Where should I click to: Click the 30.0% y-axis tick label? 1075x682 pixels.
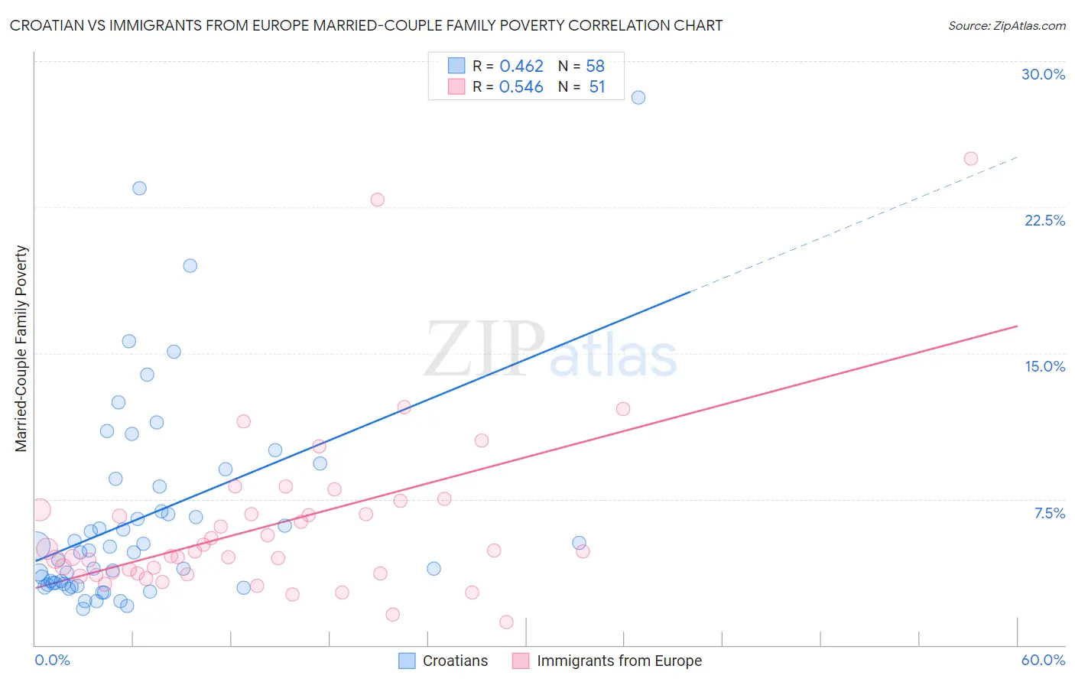point(1043,74)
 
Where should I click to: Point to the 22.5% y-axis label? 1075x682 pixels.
point(1044,220)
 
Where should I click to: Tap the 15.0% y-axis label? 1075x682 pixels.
point(1044,366)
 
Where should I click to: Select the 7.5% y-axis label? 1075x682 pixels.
point(1049,513)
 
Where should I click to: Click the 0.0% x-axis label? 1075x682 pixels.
point(52,660)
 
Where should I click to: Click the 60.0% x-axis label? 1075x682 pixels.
point(1043,660)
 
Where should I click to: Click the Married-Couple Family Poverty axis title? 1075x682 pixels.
point(21,349)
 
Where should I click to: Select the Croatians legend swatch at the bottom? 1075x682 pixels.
point(408,661)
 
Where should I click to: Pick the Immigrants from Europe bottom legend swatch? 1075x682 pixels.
point(521,661)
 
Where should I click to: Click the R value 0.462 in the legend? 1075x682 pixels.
point(521,66)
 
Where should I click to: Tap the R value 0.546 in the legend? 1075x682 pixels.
point(521,87)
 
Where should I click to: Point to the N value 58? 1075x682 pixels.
point(595,66)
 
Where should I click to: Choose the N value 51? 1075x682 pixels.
point(596,87)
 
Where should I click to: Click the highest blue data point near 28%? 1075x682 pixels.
point(638,97)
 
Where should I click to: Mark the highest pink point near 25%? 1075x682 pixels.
point(971,159)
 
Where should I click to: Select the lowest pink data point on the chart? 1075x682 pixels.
point(506,622)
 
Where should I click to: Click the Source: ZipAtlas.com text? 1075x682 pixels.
point(1006,26)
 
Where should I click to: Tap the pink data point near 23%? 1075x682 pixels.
point(377,200)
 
